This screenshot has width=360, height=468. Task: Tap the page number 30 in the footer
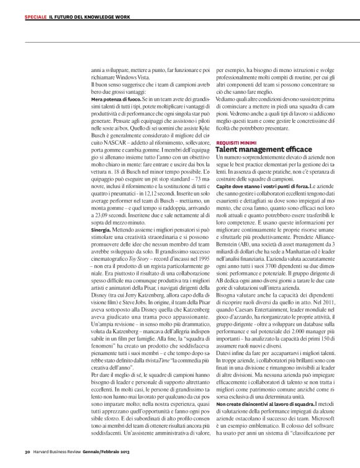pyautogui.click(x=28, y=451)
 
